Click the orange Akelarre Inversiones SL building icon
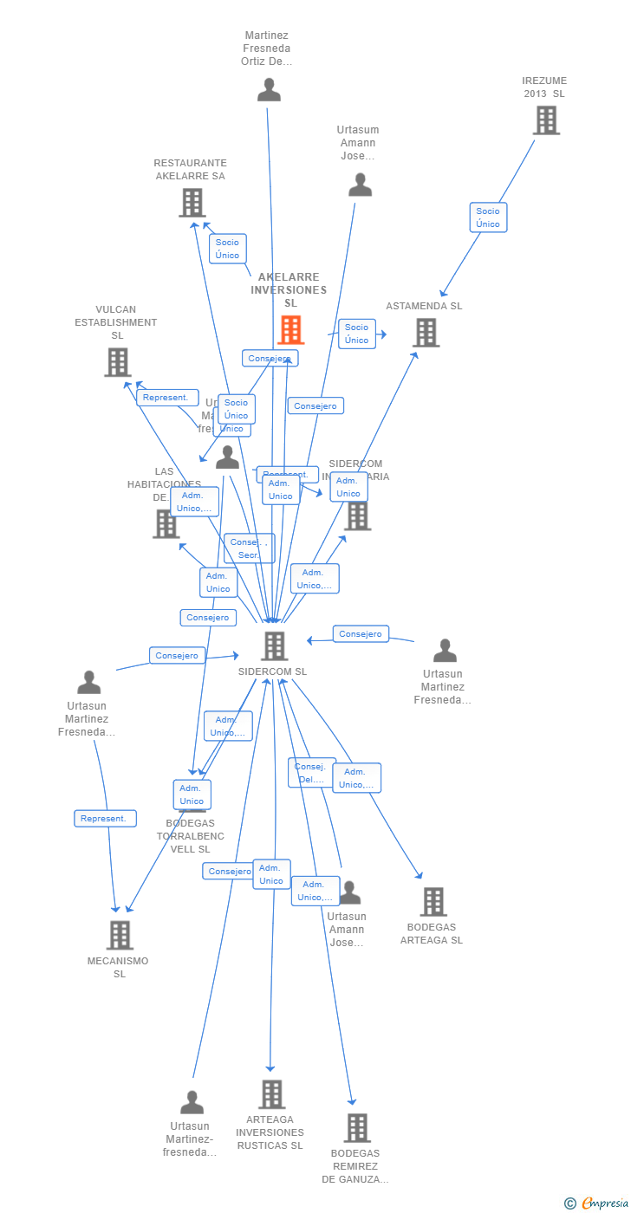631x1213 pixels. (290, 330)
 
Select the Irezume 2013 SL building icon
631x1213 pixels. (546, 120)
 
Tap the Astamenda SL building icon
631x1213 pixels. (426, 333)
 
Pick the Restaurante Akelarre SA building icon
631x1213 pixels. (192, 203)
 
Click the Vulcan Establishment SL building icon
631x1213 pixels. (117, 362)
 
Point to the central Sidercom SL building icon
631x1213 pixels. (274, 645)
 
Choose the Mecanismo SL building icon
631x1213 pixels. (120, 935)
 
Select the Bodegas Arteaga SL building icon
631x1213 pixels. (433, 902)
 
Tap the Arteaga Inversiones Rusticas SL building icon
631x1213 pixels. (271, 1094)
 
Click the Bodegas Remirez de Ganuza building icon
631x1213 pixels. (357, 1128)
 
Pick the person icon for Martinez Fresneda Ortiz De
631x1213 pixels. (269, 90)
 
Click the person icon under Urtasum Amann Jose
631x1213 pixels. (360, 185)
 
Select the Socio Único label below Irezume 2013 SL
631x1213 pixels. (488, 217)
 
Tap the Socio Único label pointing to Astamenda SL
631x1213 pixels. (357, 334)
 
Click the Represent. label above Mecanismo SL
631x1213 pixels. (105, 819)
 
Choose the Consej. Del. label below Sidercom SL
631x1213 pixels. (310, 773)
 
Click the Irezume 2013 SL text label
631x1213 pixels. (544, 87)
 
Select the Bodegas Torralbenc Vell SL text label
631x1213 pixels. (191, 836)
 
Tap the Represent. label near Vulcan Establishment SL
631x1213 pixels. (166, 398)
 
